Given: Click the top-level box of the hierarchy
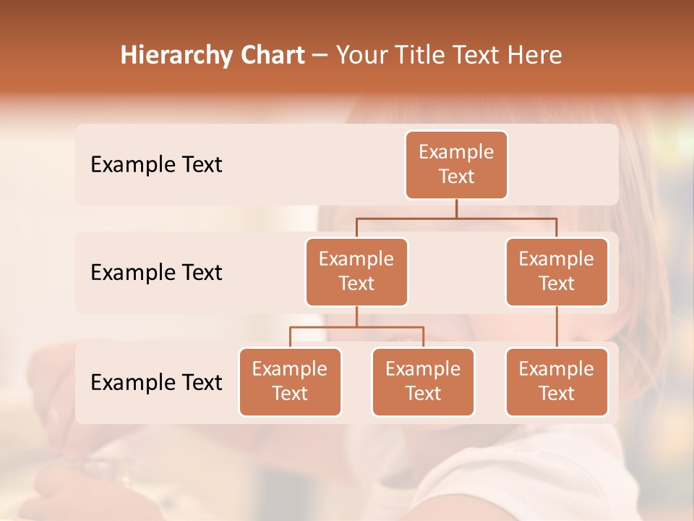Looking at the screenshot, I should click(x=456, y=165).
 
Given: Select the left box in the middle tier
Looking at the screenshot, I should click(x=356, y=272).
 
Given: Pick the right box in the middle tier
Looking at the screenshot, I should click(x=557, y=272).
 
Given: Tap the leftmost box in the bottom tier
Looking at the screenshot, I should click(x=290, y=382).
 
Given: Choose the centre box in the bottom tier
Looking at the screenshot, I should click(x=423, y=382).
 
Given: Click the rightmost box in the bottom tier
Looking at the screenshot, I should click(x=557, y=382).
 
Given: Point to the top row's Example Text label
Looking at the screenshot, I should click(x=156, y=165).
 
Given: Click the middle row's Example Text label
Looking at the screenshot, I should click(x=156, y=273).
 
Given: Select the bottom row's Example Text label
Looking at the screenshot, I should click(x=156, y=382).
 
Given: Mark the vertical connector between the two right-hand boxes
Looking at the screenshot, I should click(x=557, y=327).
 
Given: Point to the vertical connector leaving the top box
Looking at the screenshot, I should click(x=456, y=208).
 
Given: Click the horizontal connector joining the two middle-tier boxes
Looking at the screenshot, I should click(x=456, y=218).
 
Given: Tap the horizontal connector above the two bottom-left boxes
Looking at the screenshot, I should click(x=356, y=327).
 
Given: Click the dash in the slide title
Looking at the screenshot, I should click(x=320, y=56).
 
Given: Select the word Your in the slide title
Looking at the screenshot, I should click(x=362, y=55).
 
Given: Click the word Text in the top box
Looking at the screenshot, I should click(x=456, y=177).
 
